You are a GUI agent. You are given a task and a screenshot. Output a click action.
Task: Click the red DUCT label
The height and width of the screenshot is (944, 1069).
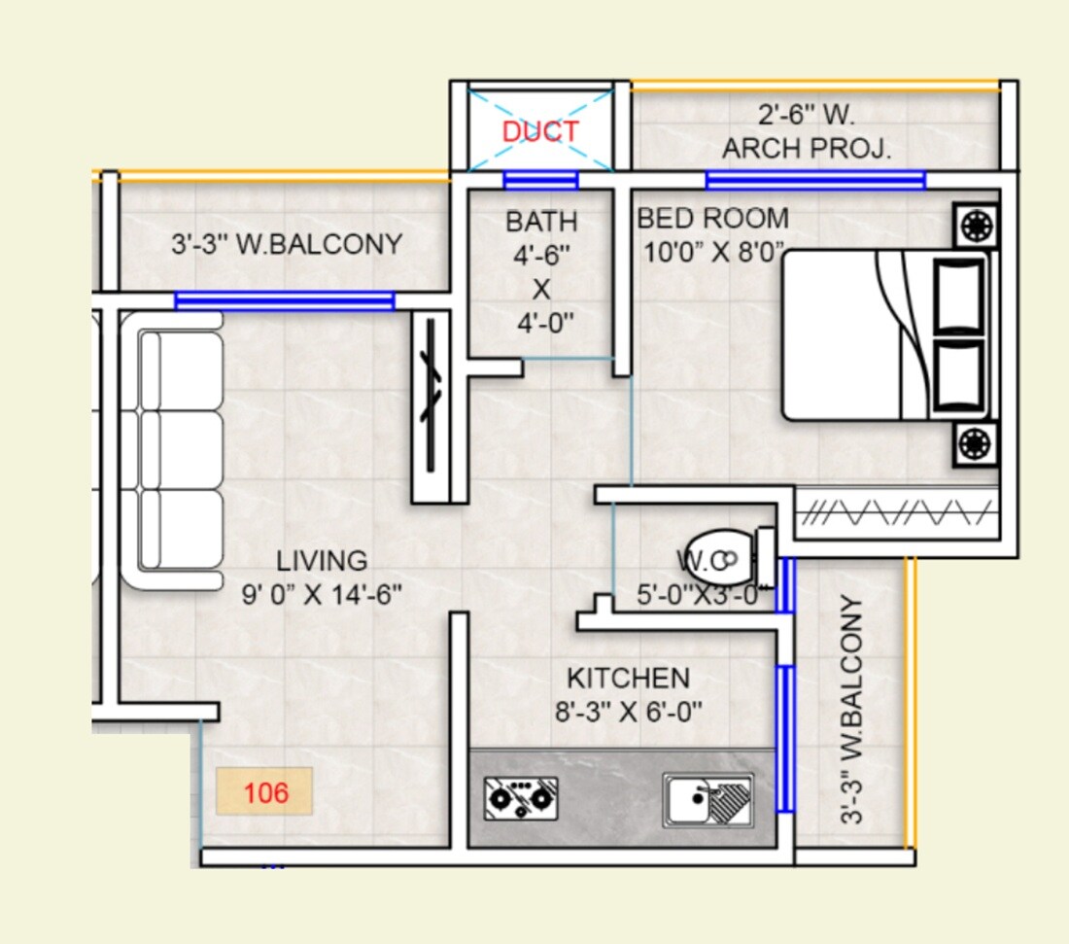pos(540,132)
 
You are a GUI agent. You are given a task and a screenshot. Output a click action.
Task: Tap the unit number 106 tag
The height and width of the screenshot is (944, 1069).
pos(264,791)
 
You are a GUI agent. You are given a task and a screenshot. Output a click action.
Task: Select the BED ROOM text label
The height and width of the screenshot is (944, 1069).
pos(712,218)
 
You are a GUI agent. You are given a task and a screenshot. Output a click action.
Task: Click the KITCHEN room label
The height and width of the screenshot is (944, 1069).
pos(628,678)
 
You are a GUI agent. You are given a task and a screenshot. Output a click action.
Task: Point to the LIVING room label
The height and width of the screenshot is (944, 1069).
pos(322,561)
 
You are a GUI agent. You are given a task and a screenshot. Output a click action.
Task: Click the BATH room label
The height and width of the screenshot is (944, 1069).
pos(541,222)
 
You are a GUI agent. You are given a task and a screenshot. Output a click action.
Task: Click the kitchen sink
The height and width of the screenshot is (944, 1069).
pos(707,800)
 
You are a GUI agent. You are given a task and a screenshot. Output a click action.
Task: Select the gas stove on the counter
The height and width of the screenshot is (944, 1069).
pos(521,798)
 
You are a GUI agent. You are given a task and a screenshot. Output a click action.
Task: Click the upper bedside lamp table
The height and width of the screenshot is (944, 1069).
pos(975,227)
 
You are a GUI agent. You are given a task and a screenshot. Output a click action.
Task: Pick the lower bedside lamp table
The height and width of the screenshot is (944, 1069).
pos(975,443)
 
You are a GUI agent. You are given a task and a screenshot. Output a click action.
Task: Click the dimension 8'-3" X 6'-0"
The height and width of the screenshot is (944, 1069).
pos(628,713)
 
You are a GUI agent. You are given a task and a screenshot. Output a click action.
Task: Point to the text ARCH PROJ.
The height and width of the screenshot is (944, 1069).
pos(807,149)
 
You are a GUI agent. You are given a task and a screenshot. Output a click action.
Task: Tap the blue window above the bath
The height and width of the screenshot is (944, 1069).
pos(541,180)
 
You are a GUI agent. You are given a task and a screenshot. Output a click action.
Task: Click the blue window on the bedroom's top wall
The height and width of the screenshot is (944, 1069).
pos(814,180)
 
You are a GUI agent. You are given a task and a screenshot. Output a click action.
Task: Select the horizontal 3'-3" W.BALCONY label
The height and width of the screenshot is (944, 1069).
pos(287,244)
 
